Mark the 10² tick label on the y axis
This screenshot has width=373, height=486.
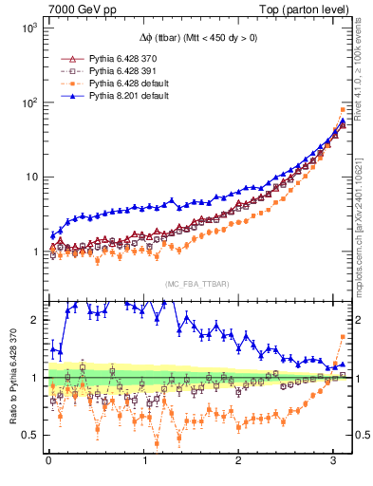point(28,103)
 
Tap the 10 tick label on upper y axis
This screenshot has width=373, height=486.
point(30,178)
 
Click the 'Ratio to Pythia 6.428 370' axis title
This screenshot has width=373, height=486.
point(10,376)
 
